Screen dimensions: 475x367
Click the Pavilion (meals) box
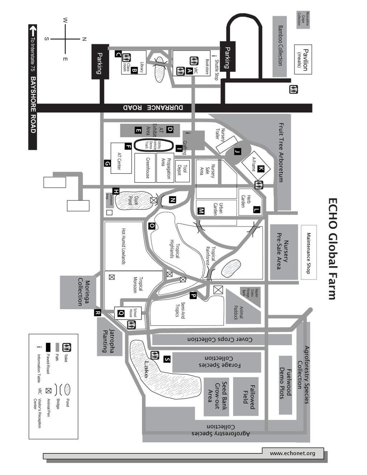coord(303,60)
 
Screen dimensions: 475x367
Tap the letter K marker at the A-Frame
coord(261,169)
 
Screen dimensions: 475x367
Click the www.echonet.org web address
coord(292,453)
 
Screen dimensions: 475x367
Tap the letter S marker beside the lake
coord(167,359)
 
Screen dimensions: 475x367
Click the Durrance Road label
coord(153,108)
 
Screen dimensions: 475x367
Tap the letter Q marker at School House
coord(121,313)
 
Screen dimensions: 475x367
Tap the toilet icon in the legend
coord(67,347)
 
